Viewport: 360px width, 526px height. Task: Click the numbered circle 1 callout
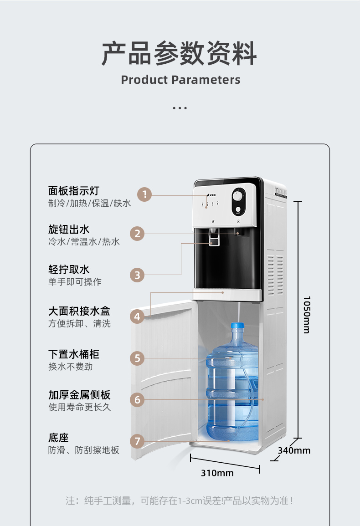coord(144,194)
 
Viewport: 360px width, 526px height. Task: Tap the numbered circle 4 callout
coord(137,317)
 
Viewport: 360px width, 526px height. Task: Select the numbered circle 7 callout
coord(137,441)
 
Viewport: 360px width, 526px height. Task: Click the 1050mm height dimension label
coord(307,315)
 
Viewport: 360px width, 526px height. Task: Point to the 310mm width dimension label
coord(217,473)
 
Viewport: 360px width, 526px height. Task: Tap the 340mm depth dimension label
coord(294,450)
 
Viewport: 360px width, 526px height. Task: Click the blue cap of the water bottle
coord(237,326)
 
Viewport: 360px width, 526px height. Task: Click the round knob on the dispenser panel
coord(238,196)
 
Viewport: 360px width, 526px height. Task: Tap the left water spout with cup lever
coord(214,237)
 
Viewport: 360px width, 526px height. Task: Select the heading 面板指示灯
coord(73,191)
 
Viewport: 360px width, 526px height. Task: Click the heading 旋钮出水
coord(69,230)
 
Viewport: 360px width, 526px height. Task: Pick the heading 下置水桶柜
coord(73,354)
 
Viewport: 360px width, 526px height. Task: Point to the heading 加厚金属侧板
coord(79,395)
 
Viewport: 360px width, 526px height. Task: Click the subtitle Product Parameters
coord(180,80)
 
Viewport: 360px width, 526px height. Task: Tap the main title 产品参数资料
coord(180,53)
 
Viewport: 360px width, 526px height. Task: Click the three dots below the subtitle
coord(180,108)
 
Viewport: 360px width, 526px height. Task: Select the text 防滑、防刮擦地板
coord(83,450)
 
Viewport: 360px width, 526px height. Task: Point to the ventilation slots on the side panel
coord(275,275)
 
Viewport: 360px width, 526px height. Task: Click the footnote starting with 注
coord(180,501)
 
